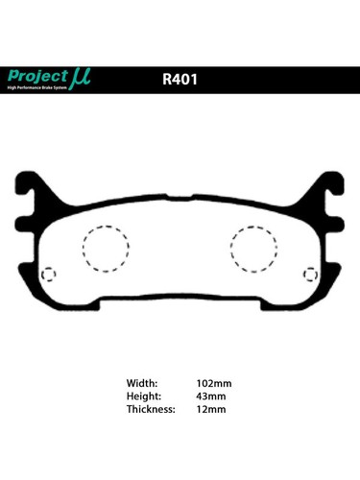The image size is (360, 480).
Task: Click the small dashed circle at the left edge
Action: (50, 275)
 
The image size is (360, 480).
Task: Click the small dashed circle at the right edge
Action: (309, 275)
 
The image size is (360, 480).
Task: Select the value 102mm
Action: (213, 383)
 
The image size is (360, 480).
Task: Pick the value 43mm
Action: (210, 396)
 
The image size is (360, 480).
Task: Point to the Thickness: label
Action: (151, 409)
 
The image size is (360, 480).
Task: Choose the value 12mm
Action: (210, 409)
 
